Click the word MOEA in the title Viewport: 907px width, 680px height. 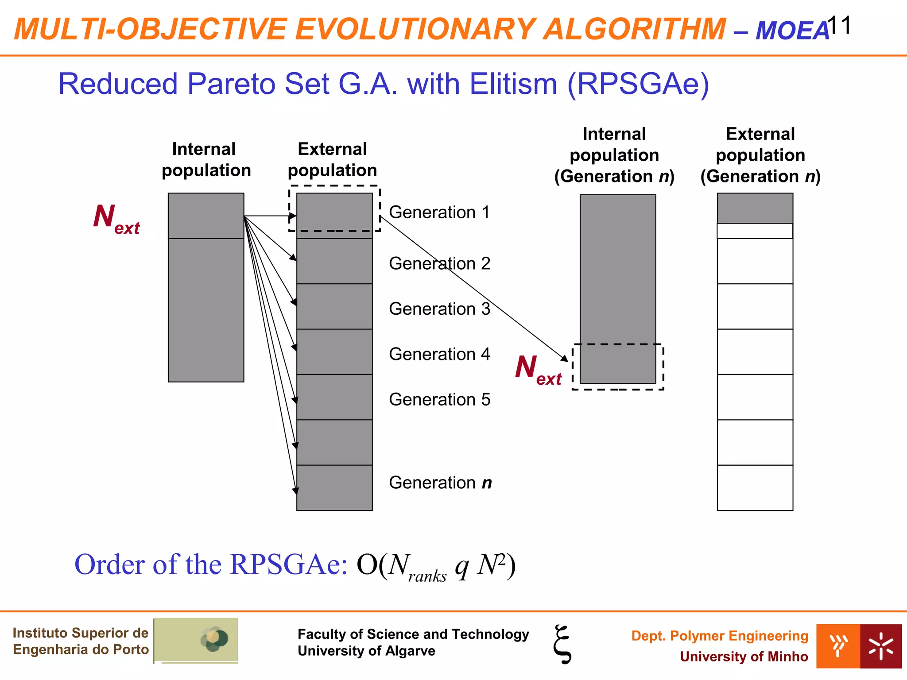click(x=792, y=31)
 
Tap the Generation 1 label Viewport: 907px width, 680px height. click(x=439, y=212)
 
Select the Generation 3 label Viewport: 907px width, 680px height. click(x=439, y=309)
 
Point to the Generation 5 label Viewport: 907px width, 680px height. click(x=439, y=400)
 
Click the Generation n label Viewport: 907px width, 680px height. click(x=440, y=483)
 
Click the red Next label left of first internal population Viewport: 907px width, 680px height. click(x=116, y=219)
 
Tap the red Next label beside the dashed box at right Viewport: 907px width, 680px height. click(x=538, y=370)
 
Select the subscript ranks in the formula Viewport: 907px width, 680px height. click(x=427, y=576)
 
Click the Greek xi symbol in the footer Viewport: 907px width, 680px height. click(x=562, y=644)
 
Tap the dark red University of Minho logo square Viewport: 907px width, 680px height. click(x=880, y=646)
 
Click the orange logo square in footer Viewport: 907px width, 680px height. click(x=838, y=646)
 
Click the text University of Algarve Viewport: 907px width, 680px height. click(x=366, y=651)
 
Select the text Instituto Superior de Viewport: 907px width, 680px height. click(x=80, y=633)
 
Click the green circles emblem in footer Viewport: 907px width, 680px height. click(x=214, y=639)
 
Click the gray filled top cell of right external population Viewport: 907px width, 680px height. click(x=755, y=208)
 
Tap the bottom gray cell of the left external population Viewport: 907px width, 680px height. click(x=334, y=487)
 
